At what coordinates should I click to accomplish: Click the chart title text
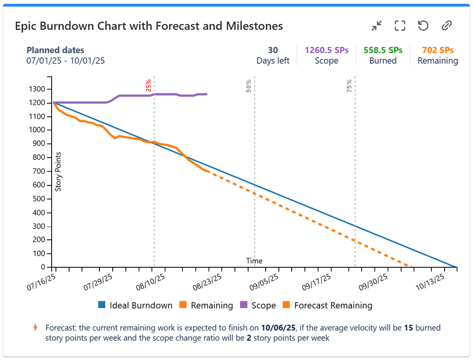point(149,26)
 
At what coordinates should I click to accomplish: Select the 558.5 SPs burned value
point(383,50)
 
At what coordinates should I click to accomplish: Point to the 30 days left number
point(273,50)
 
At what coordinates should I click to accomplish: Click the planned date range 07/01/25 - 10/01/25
point(65,61)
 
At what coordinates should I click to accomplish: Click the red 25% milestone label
point(149,85)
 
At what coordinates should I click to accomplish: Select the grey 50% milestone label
point(249,85)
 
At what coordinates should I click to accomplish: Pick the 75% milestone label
point(349,85)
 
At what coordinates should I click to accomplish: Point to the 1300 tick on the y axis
point(37,89)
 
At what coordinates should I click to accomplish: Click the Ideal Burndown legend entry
point(135,306)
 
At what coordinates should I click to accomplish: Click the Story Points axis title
point(59,171)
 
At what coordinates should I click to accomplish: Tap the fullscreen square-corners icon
point(400,26)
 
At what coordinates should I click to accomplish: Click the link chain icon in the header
point(446,26)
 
